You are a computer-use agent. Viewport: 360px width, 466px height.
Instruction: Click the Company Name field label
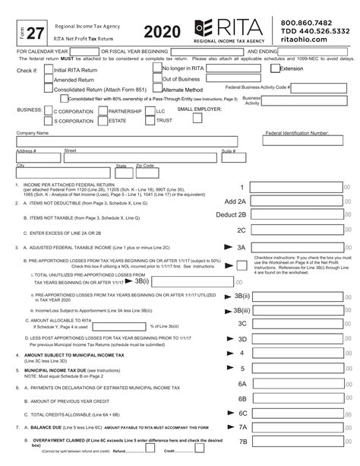32,132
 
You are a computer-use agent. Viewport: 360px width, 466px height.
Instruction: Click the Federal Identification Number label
296,132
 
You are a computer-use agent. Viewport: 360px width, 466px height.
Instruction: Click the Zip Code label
144,165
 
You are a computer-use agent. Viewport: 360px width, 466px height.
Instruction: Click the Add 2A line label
235,201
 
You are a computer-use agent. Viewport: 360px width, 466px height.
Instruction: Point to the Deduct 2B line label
232,214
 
